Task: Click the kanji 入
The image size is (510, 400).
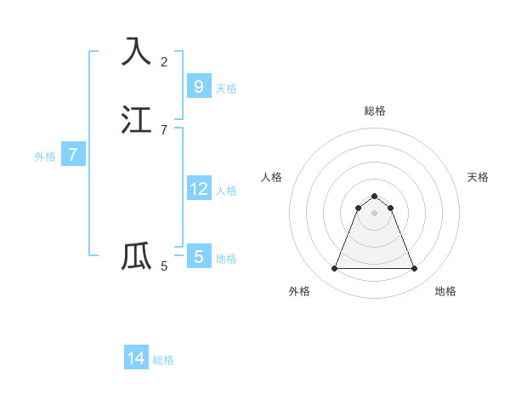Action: pos(137,51)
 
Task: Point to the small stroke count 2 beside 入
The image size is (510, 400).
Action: pos(164,62)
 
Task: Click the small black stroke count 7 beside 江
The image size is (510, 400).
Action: pos(164,130)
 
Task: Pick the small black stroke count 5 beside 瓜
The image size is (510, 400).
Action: pos(164,266)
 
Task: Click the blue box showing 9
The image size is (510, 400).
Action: pos(198,87)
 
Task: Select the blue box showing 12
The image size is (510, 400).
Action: pos(198,189)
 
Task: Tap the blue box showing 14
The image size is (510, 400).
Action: pos(136,358)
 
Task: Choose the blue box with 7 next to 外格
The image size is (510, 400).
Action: pos(73,155)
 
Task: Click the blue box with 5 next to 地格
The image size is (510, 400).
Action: pos(198,257)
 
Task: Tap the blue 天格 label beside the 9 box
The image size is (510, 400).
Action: pos(226,89)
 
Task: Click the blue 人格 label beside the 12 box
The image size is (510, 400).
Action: pos(226,191)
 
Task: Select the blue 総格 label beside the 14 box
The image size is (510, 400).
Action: pos(163,360)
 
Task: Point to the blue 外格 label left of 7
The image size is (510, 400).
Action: pos(45,157)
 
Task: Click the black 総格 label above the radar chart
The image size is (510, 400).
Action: pos(374,111)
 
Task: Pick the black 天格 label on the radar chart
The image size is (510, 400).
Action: pos(478,177)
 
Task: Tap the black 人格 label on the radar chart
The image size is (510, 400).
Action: pos(271,177)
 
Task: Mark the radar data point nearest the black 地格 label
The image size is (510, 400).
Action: pos(414,269)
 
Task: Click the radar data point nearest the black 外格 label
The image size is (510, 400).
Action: pos(334,269)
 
